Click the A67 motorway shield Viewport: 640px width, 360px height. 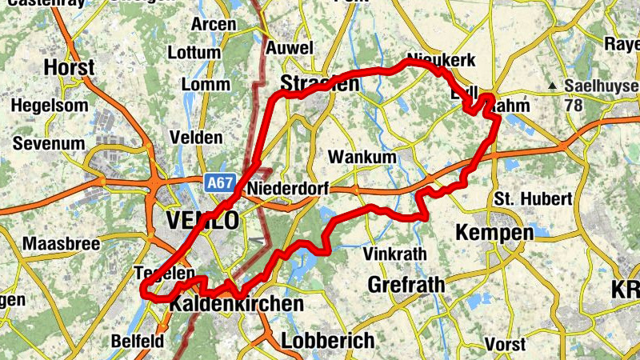coord(218,183)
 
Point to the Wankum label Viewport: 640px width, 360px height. coord(362,157)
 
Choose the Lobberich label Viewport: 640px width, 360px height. coord(327,340)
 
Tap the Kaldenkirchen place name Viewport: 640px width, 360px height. coord(236,304)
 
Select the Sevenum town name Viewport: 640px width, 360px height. coord(49,143)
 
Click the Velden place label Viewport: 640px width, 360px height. coord(196,138)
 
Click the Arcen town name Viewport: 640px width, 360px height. coord(214,24)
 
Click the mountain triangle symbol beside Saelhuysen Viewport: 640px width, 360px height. coord(553,86)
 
